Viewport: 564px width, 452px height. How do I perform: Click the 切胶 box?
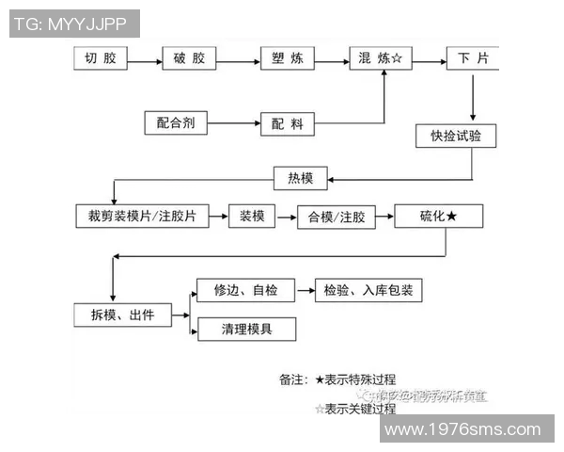[101, 58]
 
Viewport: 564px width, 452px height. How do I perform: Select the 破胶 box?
[189, 58]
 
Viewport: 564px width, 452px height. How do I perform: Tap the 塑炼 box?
[287, 58]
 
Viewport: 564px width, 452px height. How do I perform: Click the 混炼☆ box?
[381, 58]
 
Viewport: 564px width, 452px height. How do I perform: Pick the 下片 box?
[472, 58]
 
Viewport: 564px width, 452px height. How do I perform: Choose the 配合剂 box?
[176, 122]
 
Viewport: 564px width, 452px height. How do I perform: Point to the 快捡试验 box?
[456, 136]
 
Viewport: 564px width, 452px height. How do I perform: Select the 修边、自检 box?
[245, 290]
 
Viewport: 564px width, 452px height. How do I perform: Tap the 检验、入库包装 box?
[368, 290]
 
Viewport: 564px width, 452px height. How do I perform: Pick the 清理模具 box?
[245, 329]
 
